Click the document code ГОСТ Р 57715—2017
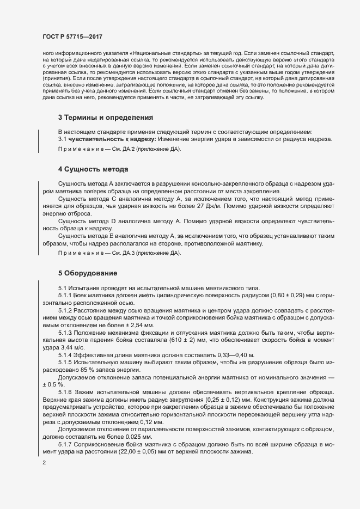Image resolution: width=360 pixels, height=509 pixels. (x=72, y=36)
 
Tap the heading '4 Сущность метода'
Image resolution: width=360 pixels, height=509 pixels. (x=93, y=169)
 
